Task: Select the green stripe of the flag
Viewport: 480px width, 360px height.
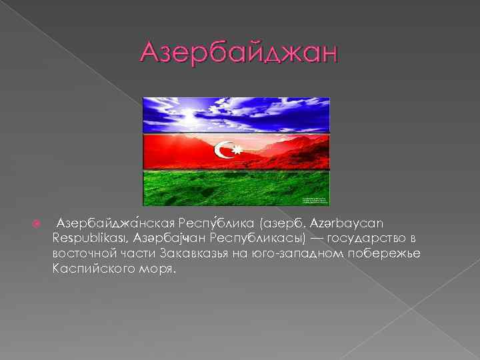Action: (x=236, y=187)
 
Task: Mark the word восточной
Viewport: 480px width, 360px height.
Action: (x=85, y=254)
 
